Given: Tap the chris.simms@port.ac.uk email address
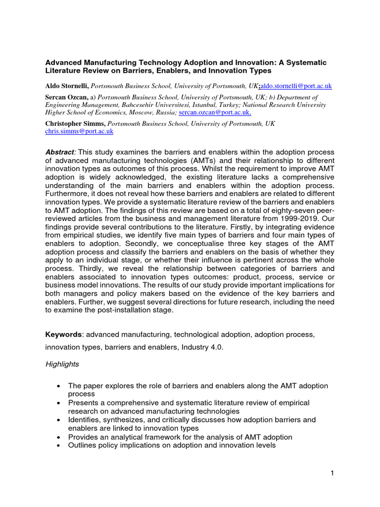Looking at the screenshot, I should click(x=79, y=131).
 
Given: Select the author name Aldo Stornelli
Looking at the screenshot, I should click(x=67, y=86).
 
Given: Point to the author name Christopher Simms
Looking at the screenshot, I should click(x=75, y=123).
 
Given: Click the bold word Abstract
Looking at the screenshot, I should click(x=60, y=152).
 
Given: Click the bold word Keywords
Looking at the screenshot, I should click(x=63, y=335).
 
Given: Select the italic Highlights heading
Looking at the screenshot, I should click(x=62, y=364).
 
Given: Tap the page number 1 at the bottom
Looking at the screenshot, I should click(x=332, y=473).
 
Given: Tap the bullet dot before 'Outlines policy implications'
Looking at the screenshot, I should click(x=59, y=446).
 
